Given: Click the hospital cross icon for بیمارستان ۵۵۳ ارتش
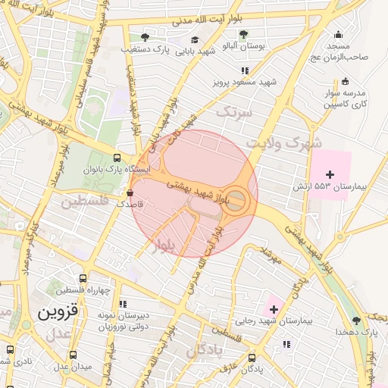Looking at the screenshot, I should [x=330, y=175].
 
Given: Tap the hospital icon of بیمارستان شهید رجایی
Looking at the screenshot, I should [x=274, y=309].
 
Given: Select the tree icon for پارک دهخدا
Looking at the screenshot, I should [x=356, y=321].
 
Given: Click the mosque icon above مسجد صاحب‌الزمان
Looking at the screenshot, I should [x=338, y=34].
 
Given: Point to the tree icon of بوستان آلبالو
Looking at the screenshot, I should [x=243, y=34].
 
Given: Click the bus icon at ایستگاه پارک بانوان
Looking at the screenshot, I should [x=116, y=157].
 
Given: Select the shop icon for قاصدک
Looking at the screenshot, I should [x=130, y=192].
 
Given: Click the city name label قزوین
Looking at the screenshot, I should [x=58, y=311].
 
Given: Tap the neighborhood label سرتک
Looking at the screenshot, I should [x=233, y=112].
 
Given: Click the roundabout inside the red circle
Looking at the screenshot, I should [x=237, y=200].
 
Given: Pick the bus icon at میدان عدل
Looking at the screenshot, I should [x=73, y=355].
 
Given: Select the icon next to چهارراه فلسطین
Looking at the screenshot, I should [x=61, y=290].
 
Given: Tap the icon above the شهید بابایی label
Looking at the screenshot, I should [x=195, y=40].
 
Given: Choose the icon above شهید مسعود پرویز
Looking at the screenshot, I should [x=245, y=70].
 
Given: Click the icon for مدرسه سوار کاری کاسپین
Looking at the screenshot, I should [x=346, y=81].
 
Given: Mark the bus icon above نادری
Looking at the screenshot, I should [x=9, y=349].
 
